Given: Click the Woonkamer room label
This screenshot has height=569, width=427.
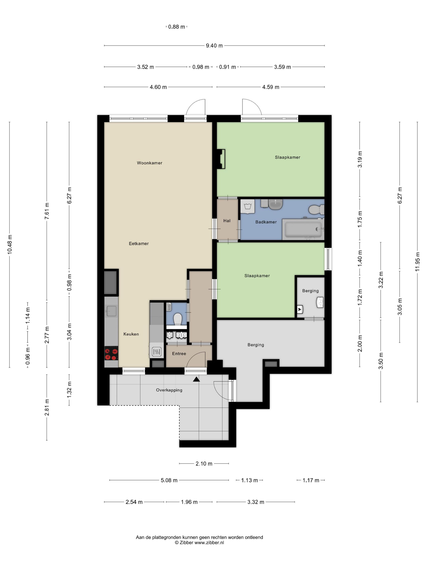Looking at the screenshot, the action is tap(149, 163).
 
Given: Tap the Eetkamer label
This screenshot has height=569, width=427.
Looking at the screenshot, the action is tap(139, 243).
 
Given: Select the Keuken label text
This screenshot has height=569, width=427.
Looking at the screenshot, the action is tap(131, 334).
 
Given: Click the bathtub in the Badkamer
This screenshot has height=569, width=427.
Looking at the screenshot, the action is tap(303, 229).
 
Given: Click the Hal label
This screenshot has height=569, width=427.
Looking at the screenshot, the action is tap(227, 221).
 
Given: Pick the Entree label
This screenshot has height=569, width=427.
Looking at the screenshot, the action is tap(179, 353).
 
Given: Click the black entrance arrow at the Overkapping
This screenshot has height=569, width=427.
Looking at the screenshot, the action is tap(196, 379).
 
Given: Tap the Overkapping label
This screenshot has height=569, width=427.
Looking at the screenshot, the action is tap(169, 390).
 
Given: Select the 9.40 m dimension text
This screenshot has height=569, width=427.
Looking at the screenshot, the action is tap(214, 46).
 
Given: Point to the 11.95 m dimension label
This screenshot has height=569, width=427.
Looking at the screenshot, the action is tap(417, 262).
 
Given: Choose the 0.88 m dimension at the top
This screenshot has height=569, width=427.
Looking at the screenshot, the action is tap(176, 27).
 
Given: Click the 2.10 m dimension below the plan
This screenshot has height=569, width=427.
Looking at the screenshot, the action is tap(204, 464).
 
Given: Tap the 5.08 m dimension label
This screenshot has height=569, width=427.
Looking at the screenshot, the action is tap(169, 480).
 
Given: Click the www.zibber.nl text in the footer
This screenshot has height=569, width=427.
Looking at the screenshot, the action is tap(209, 543).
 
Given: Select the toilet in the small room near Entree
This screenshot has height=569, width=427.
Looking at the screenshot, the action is tap(178, 319).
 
